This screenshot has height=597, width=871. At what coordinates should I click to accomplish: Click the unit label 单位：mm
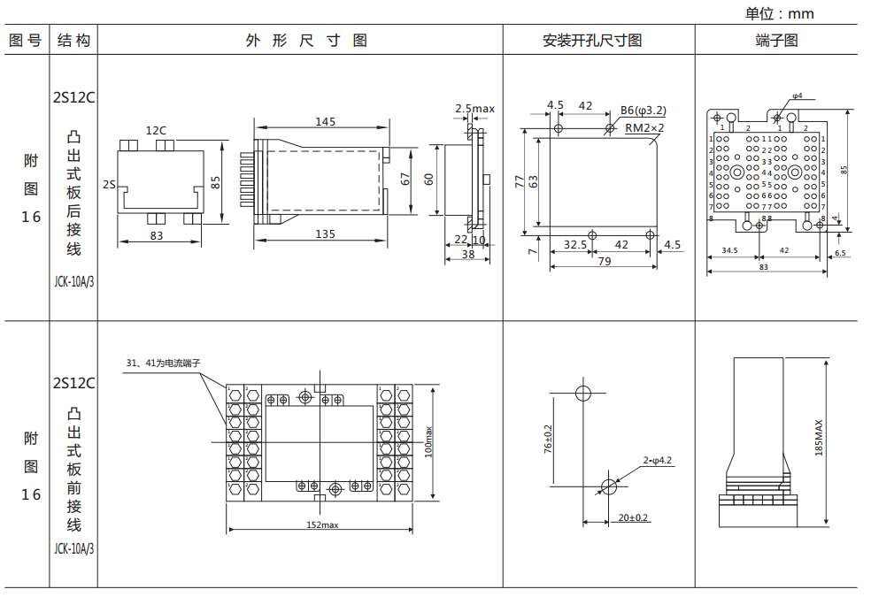pos(779,13)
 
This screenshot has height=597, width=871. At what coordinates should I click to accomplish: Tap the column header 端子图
pos(776,41)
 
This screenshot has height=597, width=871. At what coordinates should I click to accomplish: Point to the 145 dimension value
pos(324,122)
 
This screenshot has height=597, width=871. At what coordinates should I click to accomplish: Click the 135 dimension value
pos(324,234)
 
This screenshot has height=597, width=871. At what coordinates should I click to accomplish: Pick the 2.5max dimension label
pos(474,109)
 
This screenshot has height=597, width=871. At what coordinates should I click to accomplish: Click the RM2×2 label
pos(644,127)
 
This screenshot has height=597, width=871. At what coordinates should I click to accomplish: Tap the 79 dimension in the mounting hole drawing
pos(604,261)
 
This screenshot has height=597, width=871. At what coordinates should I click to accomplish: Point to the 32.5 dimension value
pos(574,244)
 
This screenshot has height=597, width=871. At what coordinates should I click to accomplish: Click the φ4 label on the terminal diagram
pos(797,96)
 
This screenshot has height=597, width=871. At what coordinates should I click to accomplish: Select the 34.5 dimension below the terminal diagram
pos(729,251)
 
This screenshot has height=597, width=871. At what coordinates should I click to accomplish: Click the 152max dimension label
pos(322,524)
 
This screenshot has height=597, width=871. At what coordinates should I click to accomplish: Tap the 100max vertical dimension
pos(428,441)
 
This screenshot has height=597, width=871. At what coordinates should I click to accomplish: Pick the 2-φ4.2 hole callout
pos(658,460)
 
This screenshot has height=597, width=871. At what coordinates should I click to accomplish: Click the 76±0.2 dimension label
pos(548,439)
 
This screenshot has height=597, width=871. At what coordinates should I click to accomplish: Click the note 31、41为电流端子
pos(164,363)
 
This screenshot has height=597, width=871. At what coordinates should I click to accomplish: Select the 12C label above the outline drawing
pos(157,130)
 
